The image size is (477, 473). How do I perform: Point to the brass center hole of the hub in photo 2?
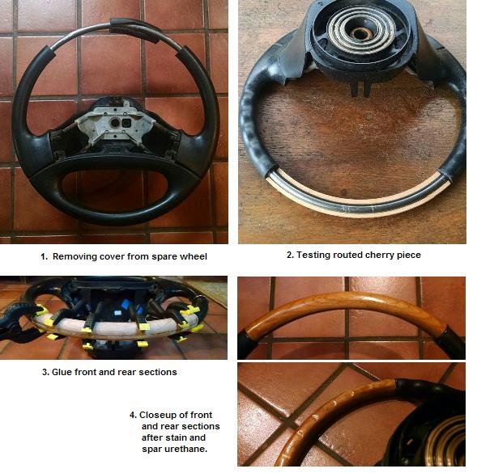pos(360,32)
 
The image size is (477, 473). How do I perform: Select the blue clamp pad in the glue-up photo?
pos(126,304)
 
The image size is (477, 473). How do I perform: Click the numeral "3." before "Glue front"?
pos(45,372)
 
